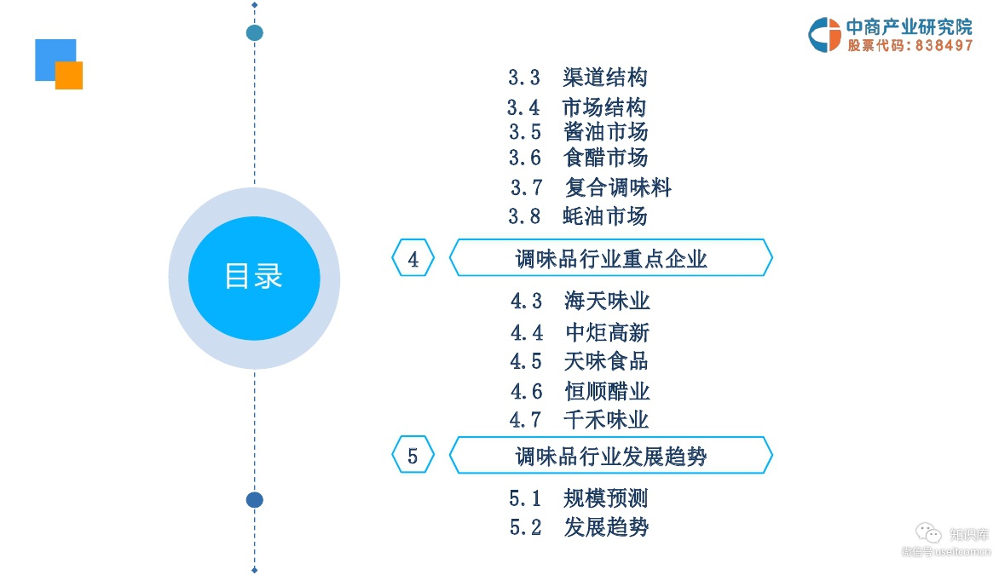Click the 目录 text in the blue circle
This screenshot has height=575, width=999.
253,277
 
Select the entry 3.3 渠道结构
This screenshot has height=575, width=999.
577,78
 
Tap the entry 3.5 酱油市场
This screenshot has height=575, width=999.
578,132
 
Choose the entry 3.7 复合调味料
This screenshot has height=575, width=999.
591,187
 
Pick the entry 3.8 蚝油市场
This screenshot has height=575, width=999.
577,216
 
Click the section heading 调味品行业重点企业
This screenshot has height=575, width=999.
610,258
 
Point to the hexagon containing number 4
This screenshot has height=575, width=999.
413,258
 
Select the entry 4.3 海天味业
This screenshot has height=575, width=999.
580,301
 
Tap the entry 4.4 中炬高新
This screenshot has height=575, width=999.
580,332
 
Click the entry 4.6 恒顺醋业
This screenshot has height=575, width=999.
580,391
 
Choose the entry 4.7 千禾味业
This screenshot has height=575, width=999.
579,419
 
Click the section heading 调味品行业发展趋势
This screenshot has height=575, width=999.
610,457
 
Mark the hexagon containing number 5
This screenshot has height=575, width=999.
413,457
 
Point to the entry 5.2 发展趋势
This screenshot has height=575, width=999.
579,527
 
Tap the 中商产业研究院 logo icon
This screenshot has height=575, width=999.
824,35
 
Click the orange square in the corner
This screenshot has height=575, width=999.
70,76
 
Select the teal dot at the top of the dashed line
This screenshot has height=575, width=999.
254,33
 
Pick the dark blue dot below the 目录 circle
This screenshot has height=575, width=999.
254,500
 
